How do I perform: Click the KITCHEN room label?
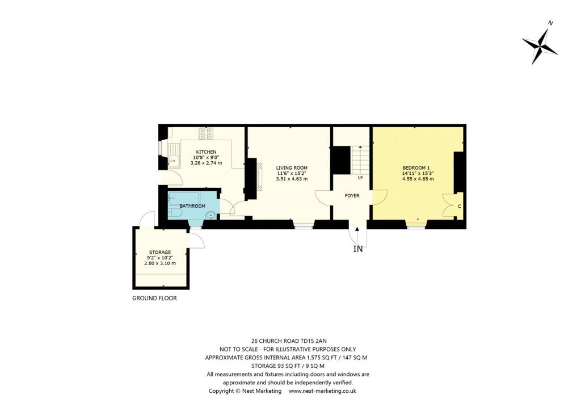coord(206,152)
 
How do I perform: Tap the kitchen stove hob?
coord(207,134)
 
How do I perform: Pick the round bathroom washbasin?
coord(211,215)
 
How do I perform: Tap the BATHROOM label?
coord(192,206)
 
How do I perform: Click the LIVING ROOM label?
coord(292,167)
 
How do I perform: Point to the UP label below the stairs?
coord(360,178)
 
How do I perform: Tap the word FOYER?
coord(352,195)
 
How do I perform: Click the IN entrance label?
coord(357,249)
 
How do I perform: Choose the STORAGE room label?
coord(160,252)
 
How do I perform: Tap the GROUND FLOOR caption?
coord(154,298)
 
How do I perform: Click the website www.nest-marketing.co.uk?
coord(322,391)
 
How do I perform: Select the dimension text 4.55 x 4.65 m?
coord(418,179)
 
